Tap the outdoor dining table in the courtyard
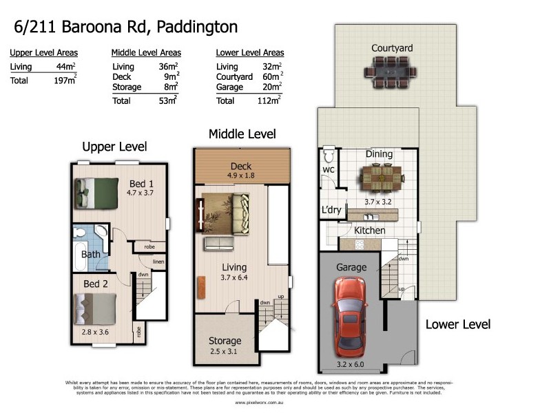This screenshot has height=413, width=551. [392, 69]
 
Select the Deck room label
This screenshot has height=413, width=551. [241, 166]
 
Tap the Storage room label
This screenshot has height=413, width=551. [225, 341]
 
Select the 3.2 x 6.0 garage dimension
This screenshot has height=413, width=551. [351, 364]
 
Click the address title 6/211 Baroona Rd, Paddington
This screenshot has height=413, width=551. [126, 28]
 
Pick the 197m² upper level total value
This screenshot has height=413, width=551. [65, 81]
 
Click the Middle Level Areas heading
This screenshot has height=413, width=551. [146, 52]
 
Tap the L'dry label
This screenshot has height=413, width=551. [331, 211]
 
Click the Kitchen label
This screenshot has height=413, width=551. [369, 230]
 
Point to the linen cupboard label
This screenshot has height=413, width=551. [158, 262]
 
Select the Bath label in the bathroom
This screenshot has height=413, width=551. [91, 254]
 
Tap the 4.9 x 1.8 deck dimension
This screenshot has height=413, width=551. [241, 176]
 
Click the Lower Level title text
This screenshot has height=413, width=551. [457, 324]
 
